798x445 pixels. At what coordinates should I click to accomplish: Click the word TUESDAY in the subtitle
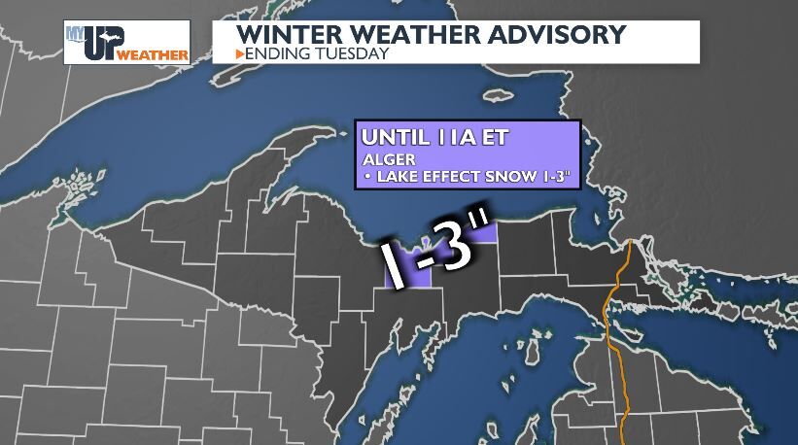tap(352, 53)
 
